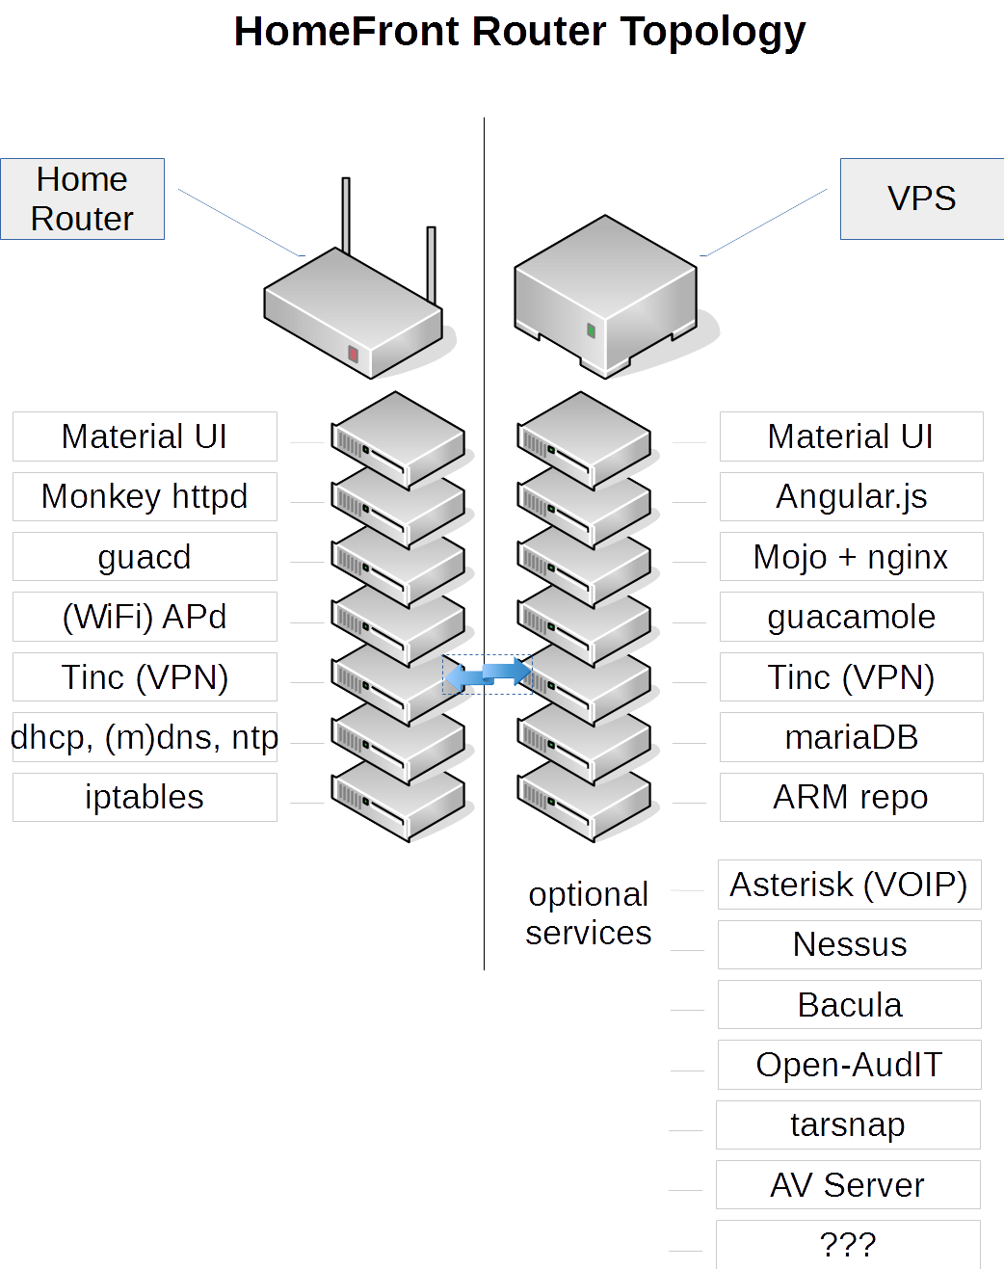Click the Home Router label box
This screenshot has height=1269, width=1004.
click(x=82, y=198)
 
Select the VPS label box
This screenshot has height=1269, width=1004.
click(x=921, y=198)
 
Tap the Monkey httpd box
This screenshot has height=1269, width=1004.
click(x=145, y=496)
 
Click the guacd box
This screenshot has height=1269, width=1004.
click(x=145, y=557)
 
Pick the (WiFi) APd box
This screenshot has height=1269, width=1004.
click(x=145, y=617)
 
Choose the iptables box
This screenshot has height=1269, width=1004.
click(x=145, y=797)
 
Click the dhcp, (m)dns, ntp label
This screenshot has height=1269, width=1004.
click(x=145, y=737)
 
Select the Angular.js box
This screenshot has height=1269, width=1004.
click(x=851, y=496)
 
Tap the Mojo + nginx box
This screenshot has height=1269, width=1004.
click(x=851, y=557)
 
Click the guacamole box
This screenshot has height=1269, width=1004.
click(x=851, y=617)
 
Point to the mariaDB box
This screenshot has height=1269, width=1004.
click(x=851, y=737)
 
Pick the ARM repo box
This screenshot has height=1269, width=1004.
click(x=851, y=797)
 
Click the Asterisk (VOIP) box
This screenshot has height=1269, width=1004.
click(x=849, y=885)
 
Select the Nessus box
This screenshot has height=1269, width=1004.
click(x=849, y=944)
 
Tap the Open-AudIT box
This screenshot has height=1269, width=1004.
click(x=849, y=1065)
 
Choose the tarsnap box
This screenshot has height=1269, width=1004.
click(x=848, y=1124)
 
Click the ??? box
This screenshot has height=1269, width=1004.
click(x=848, y=1244)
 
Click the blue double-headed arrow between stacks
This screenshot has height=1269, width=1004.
click(x=488, y=674)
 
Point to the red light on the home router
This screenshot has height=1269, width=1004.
click(x=354, y=355)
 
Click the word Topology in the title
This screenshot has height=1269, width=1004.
click(x=712, y=32)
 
